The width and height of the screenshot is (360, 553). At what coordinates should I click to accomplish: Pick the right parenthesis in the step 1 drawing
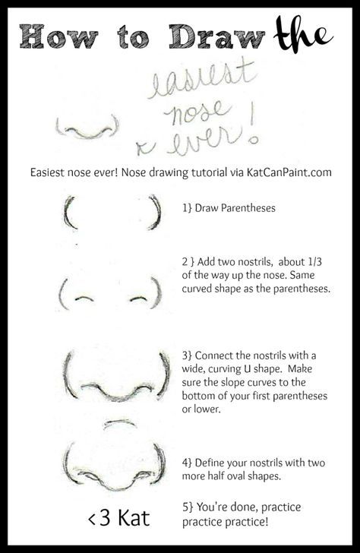pos(156,212)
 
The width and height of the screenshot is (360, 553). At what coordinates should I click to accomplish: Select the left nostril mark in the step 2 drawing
pos(84,297)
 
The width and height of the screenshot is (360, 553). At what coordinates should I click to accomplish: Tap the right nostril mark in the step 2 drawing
pos(138,297)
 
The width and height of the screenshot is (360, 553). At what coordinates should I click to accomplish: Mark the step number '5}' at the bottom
pos(188,505)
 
